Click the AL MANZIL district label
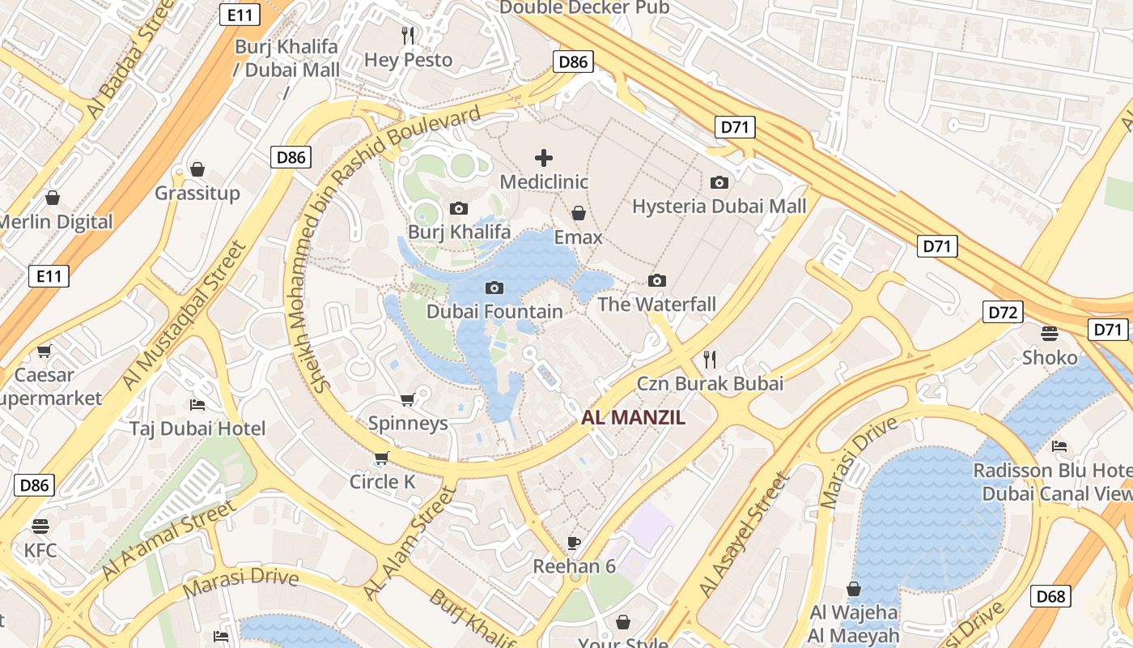pyautogui.click(x=634, y=418)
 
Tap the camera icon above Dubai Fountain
pyautogui.click(x=494, y=288)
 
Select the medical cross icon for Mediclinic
pyautogui.click(x=544, y=157)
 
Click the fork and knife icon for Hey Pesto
pyautogui.click(x=408, y=35)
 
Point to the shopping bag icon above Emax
pyautogui.click(x=579, y=213)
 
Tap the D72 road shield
pyautogui.click(x=1003, y=312)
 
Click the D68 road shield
pyautogui.click(x=1050, y=596)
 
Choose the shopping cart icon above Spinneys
pyautogui.click(x=408, y=399)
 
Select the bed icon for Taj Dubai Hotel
pyautogui.click(x=197, y=404)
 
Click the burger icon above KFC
pyautogui.click(x=40, y=526)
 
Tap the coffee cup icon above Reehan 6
pyautogui.click(x=574, y=542)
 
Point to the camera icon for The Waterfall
pyautogui.click(x=657, y=280)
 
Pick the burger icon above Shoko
pyautogui.click(x=1050, y=333)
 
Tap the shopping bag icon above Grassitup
pyautogui.click(x=197, y=169)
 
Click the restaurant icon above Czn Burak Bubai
pyautogui.click(x=710, y=358)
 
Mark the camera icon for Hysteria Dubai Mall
pyautogui.click(x=719, y=182)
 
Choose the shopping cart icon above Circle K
pyautogui.click(x=382, y=458)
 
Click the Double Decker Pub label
pyautogui.click(x=584, y=7)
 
